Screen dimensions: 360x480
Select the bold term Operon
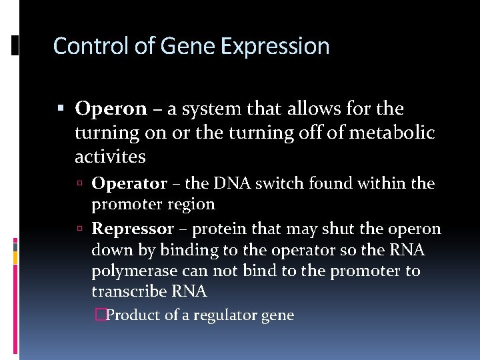[111, 108]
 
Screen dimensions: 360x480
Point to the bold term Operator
[129, 183]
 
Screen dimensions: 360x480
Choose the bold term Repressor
[133, 229]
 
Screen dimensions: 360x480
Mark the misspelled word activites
[110, 157]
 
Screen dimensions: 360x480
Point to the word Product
[133, 315]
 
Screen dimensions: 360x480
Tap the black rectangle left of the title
[15, 45]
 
